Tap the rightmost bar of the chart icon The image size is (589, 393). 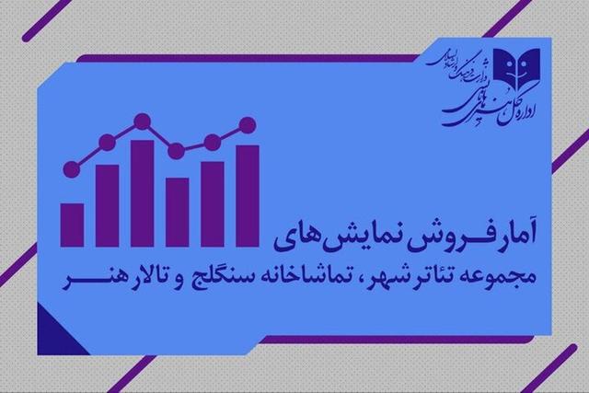click(248, 190)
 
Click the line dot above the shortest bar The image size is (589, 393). click(72, 168)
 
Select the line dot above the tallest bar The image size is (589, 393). click(142, 120)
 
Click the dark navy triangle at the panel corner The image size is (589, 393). click(47, 322)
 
